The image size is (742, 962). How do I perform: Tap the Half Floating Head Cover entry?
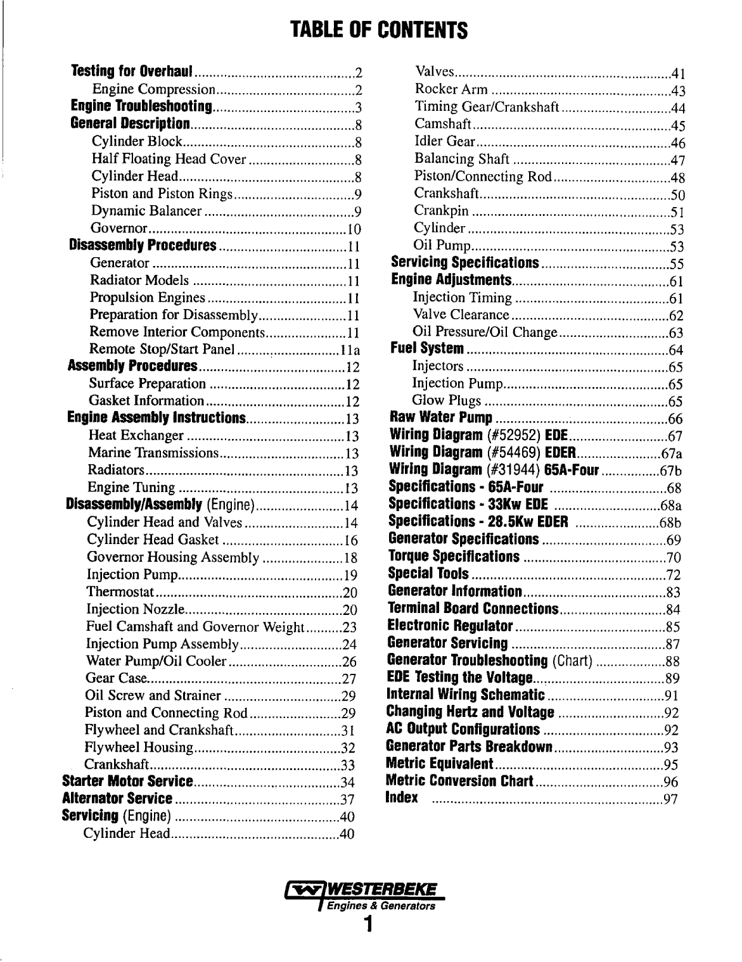(x=169, y=159)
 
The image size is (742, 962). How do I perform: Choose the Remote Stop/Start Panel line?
(x=163, y=350)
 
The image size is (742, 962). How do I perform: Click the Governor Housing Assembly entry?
(x=173, y=558)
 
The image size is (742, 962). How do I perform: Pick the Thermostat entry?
(x=120, y=593)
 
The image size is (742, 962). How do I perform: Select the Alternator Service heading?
(x=118, y=799)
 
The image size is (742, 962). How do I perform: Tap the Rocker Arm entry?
(x=451, y=90)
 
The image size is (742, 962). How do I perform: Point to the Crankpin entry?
(x=441, y=212)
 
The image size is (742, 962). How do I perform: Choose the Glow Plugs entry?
(x=446, y=401)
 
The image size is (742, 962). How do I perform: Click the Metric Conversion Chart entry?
(x=460, y=781)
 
